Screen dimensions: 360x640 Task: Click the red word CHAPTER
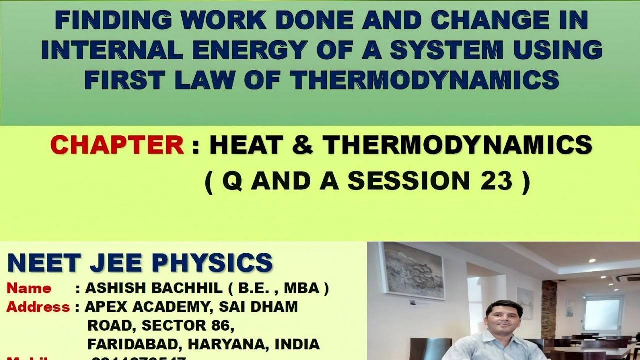(117, 146)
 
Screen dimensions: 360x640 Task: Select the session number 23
(496, 181)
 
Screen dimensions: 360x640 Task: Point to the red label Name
(29, 288)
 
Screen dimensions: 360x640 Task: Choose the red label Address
(38, 307)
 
